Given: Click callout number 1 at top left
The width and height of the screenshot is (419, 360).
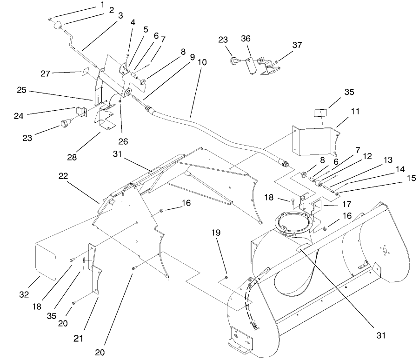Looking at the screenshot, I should tap(102, 5).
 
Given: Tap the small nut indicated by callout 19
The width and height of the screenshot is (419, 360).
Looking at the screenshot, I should tap(225, 277).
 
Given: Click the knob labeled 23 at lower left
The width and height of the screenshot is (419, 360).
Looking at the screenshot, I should tap(64, 124).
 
